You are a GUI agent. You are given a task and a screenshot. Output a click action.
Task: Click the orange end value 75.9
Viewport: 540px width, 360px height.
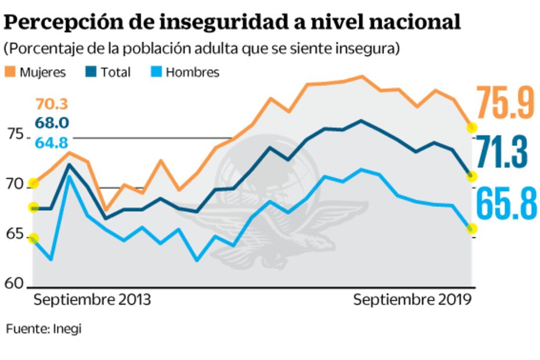(x=505, y=102)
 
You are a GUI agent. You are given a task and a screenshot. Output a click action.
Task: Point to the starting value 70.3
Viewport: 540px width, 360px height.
(x=52, y=104)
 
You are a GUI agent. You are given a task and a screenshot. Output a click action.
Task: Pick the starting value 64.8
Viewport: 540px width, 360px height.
(x=52, y=142)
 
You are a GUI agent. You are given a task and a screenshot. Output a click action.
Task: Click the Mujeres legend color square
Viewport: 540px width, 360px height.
(x=10, y=73)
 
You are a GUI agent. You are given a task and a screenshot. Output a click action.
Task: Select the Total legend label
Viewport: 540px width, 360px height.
(x=115, y=73)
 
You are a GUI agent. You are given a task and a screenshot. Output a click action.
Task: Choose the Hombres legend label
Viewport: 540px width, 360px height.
(x=192, y=73)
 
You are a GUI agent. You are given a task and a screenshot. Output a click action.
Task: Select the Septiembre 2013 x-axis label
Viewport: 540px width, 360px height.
(x=92, y=300)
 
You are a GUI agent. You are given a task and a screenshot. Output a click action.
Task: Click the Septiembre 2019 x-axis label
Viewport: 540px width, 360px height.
(x=412, y=300)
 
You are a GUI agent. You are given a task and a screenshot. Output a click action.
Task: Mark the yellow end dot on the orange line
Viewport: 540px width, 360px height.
(x=472, y=127)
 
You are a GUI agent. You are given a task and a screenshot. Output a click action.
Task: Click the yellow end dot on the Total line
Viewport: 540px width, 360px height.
(x=472, y=177)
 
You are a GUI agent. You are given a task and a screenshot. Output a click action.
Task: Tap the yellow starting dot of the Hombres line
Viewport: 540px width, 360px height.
(x=33, y=239)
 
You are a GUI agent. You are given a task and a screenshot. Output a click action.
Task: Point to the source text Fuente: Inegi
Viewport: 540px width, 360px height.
(x=44, y=329)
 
